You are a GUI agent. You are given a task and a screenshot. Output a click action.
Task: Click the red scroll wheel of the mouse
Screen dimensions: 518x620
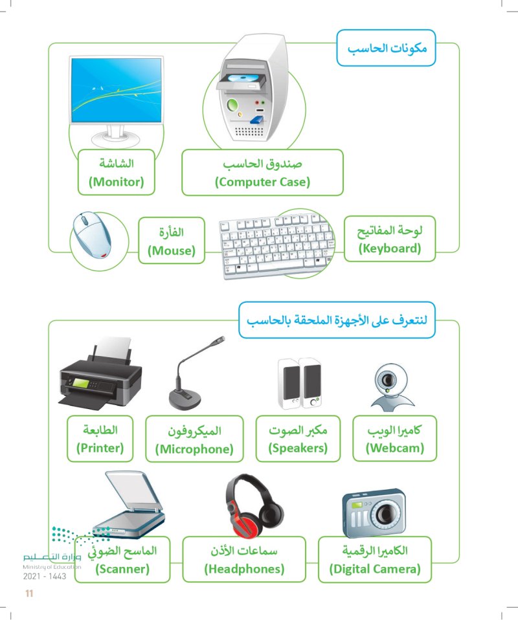(103, 255)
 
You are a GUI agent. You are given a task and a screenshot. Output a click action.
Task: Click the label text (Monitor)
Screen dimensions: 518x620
(116, 183)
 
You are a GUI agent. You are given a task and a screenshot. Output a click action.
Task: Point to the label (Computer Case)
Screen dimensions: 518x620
(262, 183)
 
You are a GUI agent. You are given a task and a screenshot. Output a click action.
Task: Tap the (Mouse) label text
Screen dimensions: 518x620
(172, 250)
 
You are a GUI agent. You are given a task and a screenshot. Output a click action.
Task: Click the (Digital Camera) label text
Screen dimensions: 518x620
(374, 570)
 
